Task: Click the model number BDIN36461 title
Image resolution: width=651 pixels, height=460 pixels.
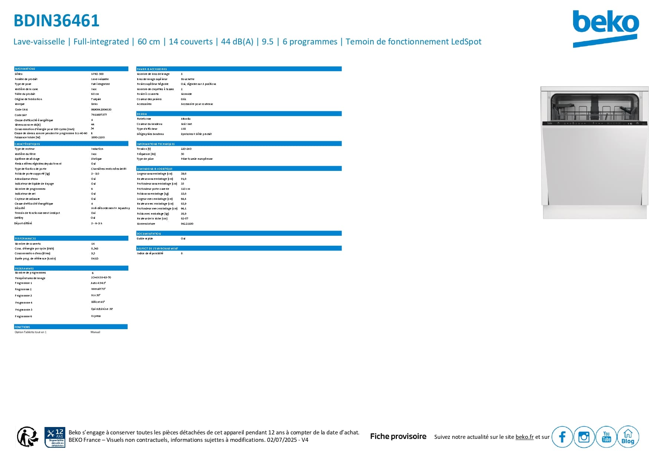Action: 56,21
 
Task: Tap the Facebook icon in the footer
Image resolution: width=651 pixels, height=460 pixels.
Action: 562,437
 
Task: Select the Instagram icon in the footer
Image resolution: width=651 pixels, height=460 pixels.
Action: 584,437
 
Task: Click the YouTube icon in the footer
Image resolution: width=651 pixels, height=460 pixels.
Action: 606,437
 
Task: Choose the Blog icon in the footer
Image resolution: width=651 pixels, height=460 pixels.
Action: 628,437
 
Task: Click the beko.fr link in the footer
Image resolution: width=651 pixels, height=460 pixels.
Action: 524,437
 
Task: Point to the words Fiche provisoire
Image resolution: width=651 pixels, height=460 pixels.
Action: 398,437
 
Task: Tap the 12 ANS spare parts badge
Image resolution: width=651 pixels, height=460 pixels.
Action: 55,437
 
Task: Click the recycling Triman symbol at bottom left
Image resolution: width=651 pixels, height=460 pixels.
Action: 27,437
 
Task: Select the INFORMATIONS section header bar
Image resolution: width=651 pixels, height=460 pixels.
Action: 71,69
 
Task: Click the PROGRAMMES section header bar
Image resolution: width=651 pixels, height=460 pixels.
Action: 71,268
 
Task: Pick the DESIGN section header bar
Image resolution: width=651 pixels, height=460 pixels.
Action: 239,114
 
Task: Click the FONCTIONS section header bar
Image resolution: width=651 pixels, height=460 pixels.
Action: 71,327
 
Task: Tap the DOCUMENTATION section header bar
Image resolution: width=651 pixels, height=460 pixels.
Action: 239,234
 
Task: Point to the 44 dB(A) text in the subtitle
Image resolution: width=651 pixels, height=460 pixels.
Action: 237,42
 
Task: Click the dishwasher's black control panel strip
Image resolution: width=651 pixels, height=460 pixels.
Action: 595,123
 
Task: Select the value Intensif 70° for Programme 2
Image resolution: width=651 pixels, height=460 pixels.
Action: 98,289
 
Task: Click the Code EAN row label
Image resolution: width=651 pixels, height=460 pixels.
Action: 21,110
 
